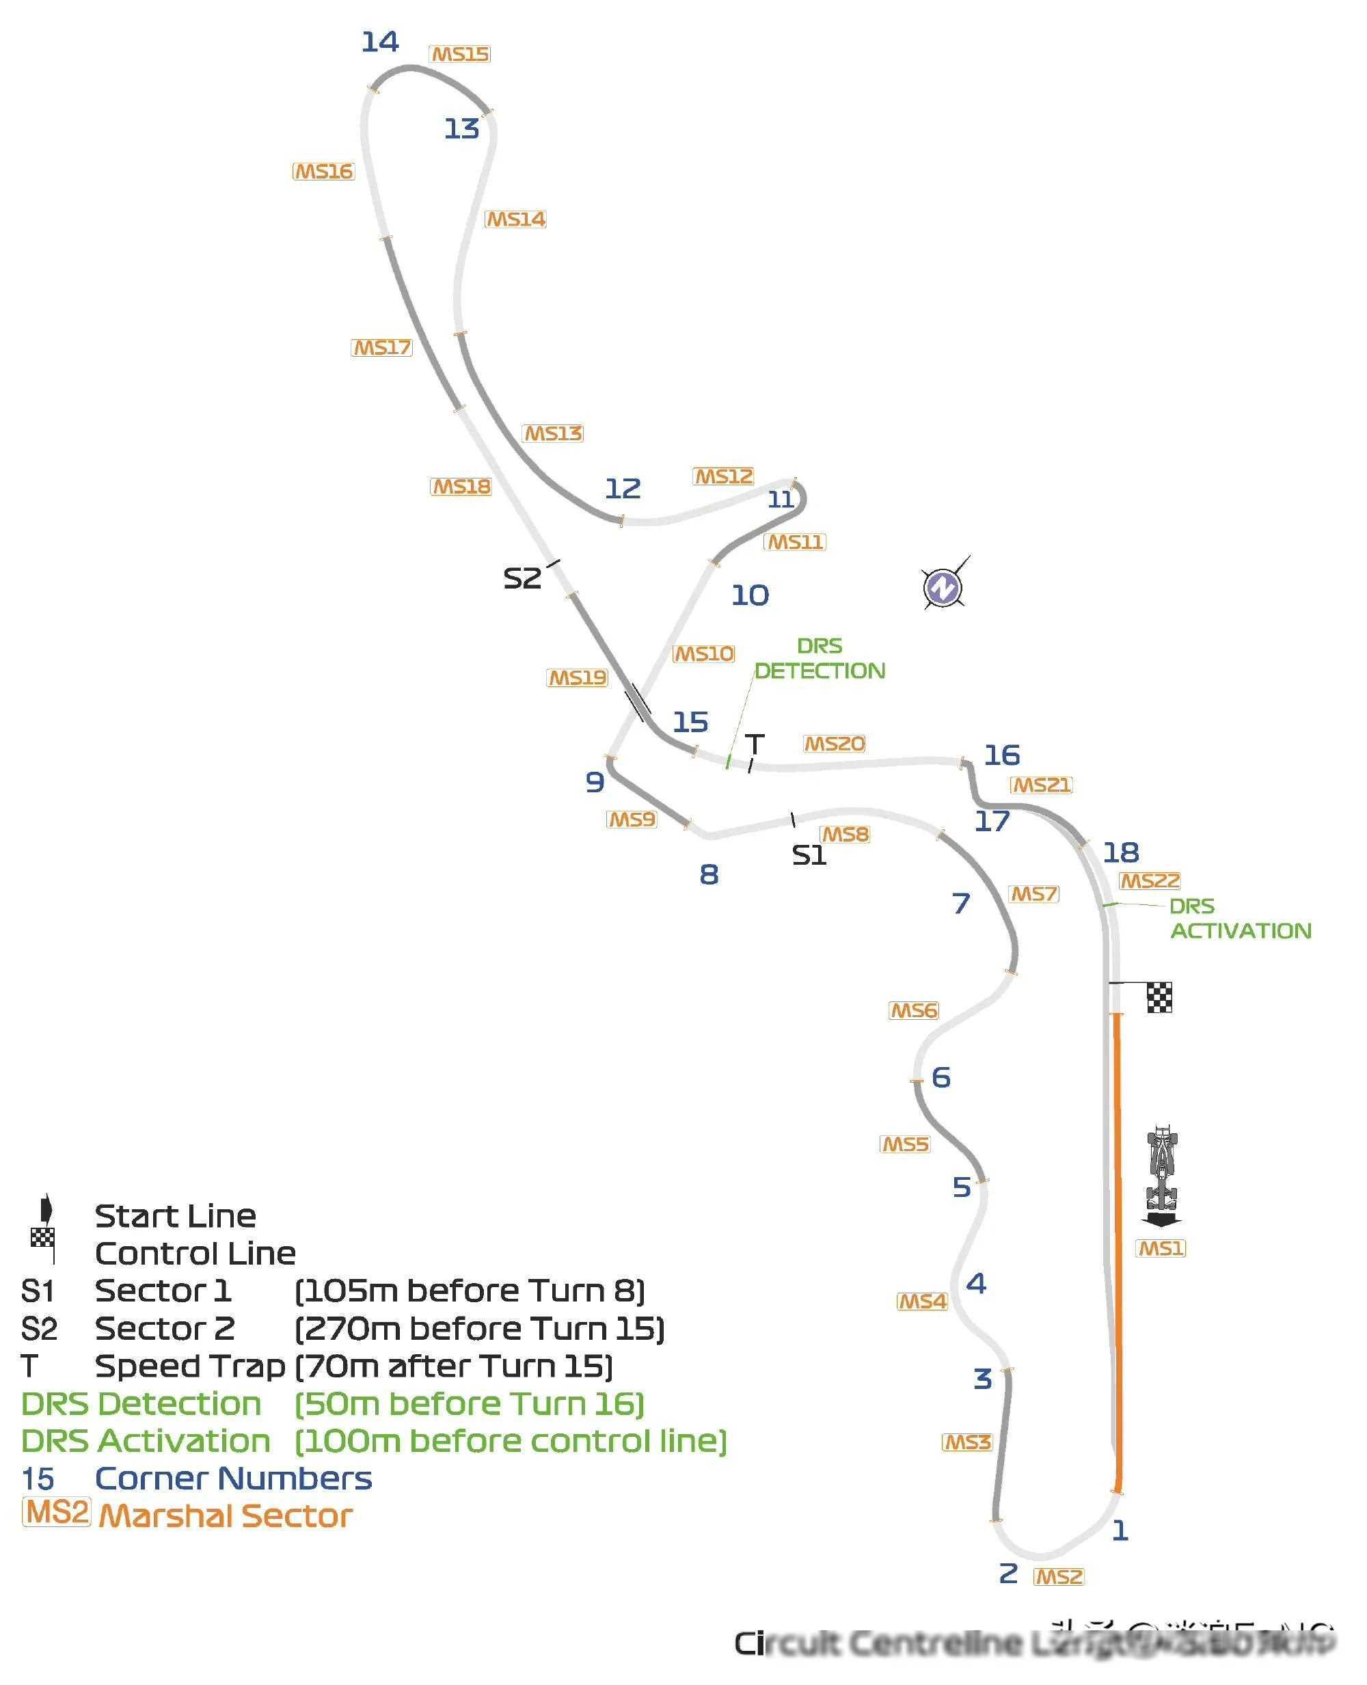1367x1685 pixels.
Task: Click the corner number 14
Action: [379, 42]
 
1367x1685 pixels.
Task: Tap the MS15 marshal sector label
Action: [460, 54]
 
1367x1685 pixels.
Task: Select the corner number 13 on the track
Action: [461, 129]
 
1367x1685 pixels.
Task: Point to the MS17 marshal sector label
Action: [381, 347]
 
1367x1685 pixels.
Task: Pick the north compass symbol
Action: [943, 587]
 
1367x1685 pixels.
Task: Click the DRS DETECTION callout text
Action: [820, 658]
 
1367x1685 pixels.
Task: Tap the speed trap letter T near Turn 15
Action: [755, 744]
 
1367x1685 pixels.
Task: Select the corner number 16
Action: [1001, 755]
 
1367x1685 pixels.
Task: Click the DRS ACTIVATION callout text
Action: [1241, 918]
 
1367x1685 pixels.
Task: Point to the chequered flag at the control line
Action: [1159, 997]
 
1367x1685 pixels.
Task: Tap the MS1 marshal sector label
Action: [1161, 1248]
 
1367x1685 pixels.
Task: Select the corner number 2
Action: [1008, 1573]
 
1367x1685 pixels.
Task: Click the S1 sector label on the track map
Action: [809, 855]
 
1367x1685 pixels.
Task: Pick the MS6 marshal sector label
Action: [913, 1010]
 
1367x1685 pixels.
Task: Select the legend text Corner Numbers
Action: [233, 1478]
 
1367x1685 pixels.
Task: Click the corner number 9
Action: [595, 782]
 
